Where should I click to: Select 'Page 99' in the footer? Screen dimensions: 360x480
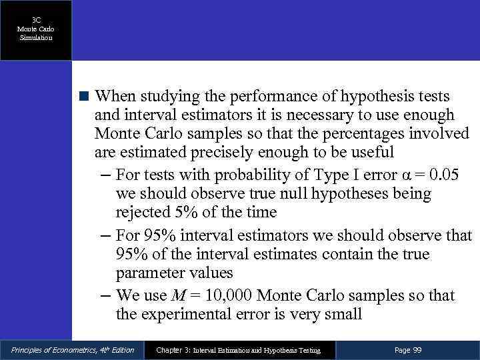coord(408,350)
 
